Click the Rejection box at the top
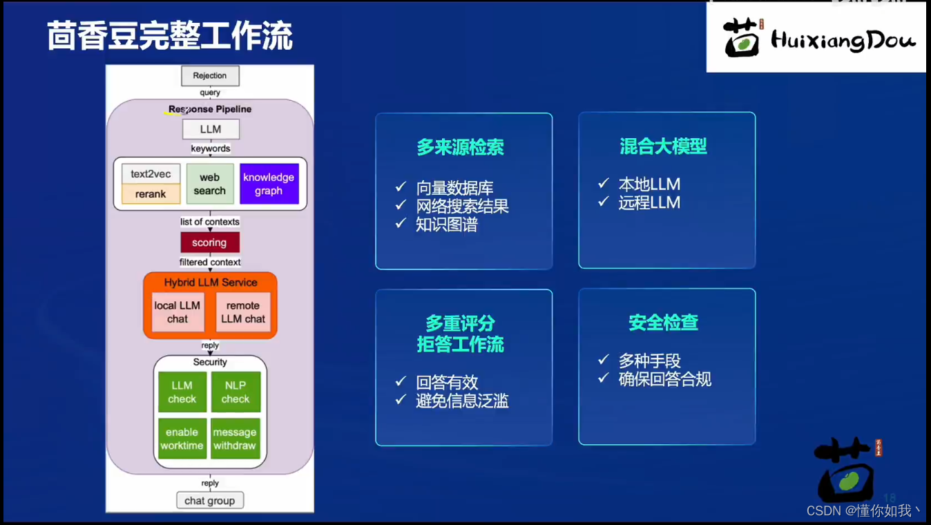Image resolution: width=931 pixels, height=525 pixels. pyautogui.click(x=210, y=76)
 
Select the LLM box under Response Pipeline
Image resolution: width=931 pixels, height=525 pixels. pyautogui.click(x=211, y=129)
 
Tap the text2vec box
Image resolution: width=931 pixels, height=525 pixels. pyautogui.click(x=151, y=174)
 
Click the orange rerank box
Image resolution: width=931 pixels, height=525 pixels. pyautogui.click(x=151, y=194)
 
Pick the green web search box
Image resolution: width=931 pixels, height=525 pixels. pyautogui.click(x=210, y=184)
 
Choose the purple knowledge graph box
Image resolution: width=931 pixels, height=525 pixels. pyautogui.click(x=269, y=184)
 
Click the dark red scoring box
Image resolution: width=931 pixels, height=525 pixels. pyautogui.click(x=210, y=242)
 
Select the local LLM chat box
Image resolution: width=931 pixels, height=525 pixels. pyautogui.click(x=177, y=312)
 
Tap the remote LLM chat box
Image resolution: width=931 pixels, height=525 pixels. pyautogui.click(x=243, y=312)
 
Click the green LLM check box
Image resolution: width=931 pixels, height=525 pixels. pyautogui.click(x=182, y=392)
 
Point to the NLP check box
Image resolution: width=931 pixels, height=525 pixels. pyautogui.click(x=236, y=392)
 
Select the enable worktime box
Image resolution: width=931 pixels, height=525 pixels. pyautogui.click(x=182, y=439)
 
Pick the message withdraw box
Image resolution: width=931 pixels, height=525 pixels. pyautogui.click(x=236, y=439)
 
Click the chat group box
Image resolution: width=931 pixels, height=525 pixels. pyautogui.click(x=210, y=500)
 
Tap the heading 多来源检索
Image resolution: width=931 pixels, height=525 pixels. pyautogui.click(x=461, y=147)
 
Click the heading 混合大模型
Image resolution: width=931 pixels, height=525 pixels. pyautogui.click(x=663, y=146)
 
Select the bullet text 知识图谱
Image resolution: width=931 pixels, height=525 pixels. pyautogui.click(x=447, y=225)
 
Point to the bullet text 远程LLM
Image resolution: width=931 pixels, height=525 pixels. pyautogui.click(x=649, y=202)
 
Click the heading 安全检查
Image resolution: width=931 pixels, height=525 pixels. pyautogui.click(x=663, y=323)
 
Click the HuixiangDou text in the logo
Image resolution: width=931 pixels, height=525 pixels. pyautogui.click(x=843, y=39)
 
